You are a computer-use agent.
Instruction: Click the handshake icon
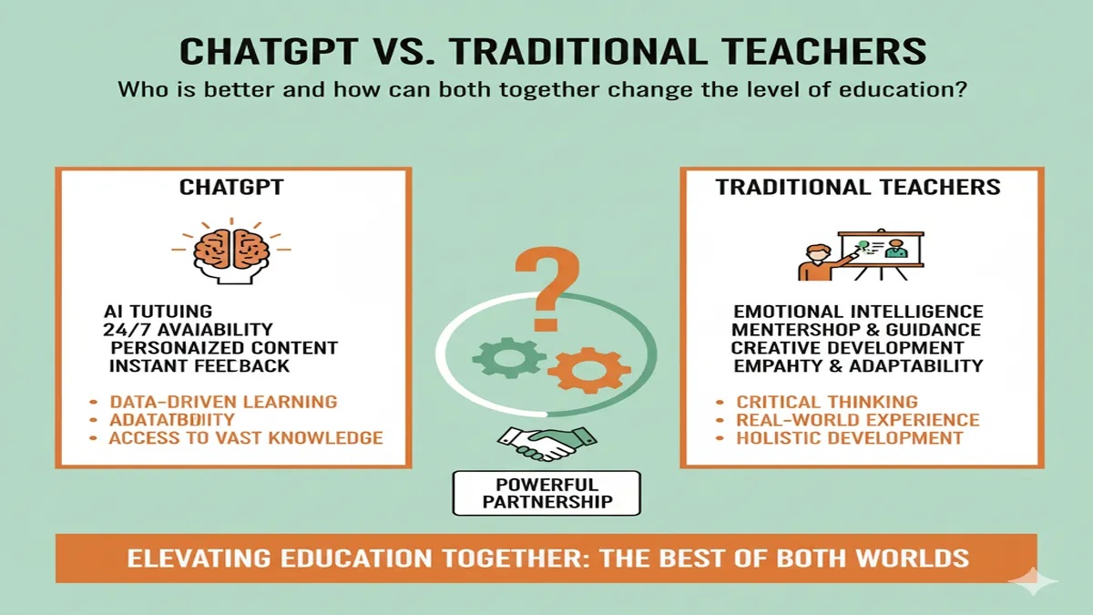546,442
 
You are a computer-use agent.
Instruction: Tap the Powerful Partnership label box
546,493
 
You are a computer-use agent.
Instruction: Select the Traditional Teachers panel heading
857,188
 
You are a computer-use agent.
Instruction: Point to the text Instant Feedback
199,366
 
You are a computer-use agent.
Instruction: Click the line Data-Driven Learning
222,402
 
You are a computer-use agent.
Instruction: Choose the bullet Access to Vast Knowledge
245,438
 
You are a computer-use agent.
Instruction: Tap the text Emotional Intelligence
857,313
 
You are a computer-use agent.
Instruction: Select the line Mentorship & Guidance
855,330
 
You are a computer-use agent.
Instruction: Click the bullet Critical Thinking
826,402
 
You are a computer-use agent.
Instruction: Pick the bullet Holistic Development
849,438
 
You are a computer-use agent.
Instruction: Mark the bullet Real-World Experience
857,420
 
